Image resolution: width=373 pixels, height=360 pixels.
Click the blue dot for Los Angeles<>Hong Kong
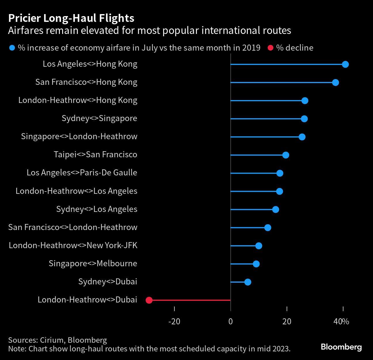pyautogui.click(x=345, y=64)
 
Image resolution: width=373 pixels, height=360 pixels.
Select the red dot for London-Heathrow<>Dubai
pyautogui.click(x=149, y=300)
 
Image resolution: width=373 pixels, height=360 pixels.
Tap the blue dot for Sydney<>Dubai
pyautogui.click(x=248, y=282)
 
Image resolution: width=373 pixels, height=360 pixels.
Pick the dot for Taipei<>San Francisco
pyautogui.click(x=286, y=155)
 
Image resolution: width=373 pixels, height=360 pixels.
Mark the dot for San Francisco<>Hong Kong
pyautogui.click(x=335, y=83)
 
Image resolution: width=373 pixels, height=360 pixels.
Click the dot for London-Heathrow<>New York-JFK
pyautogui.click(x=258, y=246)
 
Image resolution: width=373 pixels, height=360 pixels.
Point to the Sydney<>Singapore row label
pyautogui.click(x=99, y=118)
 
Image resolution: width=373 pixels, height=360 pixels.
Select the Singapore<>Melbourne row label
pyautogui.click(x=93, y=263)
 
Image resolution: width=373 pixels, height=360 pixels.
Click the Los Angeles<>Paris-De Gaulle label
pyautogui.click(x=82, y=173)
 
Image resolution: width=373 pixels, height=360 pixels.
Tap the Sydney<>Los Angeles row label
pyautogui.click(x=96, y=209)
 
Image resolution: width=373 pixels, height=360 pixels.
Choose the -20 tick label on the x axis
pyautogui.click(x=174, y=321)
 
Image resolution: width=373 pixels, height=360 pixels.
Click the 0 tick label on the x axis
pyautogui.click(x=231, y=321)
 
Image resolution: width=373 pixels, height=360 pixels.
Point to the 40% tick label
pyautogui.click(x=341, y=321)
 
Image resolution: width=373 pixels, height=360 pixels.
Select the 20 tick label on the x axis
pyautogui.click(x=287, y=321)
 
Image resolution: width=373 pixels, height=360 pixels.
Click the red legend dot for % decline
pyautogui.click(x=270, y=48)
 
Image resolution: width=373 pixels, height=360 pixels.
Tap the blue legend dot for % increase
pyautogui.click(x=12, y=48)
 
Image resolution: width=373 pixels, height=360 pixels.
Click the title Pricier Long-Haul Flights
pyautogui.click(x=71, y=18)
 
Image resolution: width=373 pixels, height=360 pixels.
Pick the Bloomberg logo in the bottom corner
pyautogui.click(x=341, y=347)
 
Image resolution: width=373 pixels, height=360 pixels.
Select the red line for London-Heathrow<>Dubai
pyautogui.click(x=190, y=300)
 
